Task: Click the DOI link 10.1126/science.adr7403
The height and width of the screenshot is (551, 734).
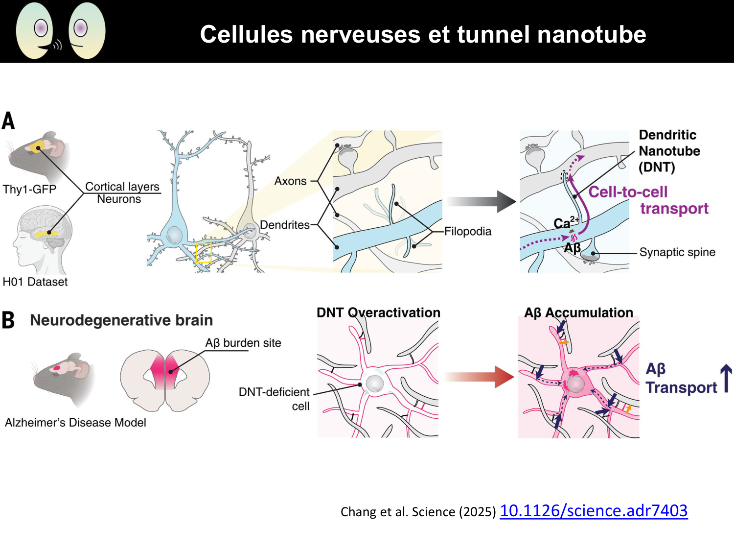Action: pyautogui.click(x=593, y=511)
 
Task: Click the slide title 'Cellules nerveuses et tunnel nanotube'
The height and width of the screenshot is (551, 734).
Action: pyautogui.click(x=423, y=34)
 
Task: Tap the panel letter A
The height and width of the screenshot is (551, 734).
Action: pyautogui.click(x=8, y=121)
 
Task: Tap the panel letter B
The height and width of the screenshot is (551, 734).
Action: pyautogui.click(x=8, y=320)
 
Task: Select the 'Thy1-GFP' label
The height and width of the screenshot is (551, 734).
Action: pyautogui.click(x=29, y=190)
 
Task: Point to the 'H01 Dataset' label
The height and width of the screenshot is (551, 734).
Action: pyautogui.click(x=35, y=282)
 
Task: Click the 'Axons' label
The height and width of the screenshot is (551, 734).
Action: pyautogui.click(x=290, y=181)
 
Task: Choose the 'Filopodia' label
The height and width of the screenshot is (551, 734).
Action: pyautogui.click(x=467, y=231)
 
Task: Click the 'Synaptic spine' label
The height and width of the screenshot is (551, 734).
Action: pyautogui.click(x=677, y=252)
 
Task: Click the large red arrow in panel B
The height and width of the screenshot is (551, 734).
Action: pyautogui.click(x=480, y=377)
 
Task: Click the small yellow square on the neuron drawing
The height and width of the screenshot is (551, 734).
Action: pyautogui.click(x=204, y=252)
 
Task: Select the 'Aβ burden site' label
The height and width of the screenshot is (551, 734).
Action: pyautogui.click(x=243, y=343)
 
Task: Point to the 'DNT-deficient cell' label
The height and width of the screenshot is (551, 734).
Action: pyautogui.click(x=275, y=399)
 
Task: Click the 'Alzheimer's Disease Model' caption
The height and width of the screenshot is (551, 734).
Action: pyautogui.click(x=75, y=423)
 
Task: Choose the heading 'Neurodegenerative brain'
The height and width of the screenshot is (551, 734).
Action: pyautogui.click(x=121, y=320)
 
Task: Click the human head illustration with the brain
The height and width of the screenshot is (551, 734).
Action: pyautogui.click(x=44, y=240)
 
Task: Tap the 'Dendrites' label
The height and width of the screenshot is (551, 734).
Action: pyautogui.click(x=284, y=225)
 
